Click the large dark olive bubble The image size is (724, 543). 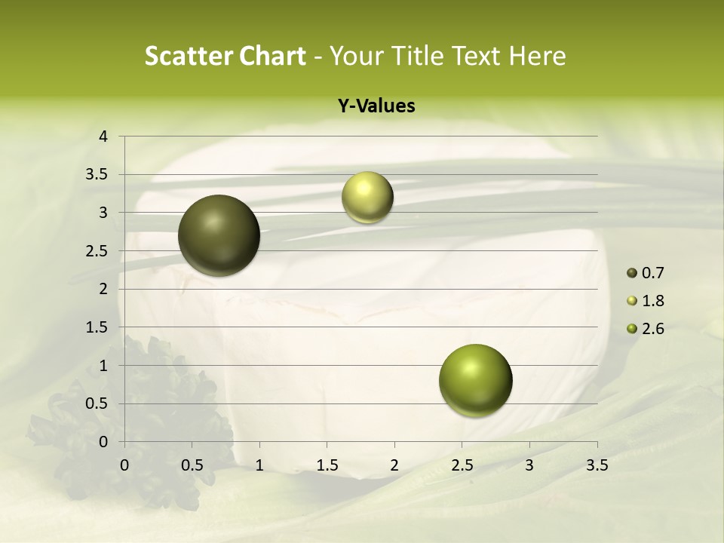[x=219, y=235]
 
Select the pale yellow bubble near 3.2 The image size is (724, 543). [x=367, y=197]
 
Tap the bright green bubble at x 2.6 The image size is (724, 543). [x=475, y=380]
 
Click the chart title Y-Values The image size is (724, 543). [x=376, y=106]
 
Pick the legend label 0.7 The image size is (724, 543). [x=652, y=273]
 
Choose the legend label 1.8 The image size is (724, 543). [x=652, y=301]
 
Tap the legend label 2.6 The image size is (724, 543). [x=652, y=329]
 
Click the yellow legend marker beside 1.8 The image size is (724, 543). [x=632, y=301]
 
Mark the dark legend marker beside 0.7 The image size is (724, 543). [x=632, y=273]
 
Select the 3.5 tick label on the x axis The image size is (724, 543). [x=597, y=465]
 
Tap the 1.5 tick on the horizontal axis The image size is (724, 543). [x=327, y=465]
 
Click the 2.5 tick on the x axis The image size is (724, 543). [x=462, y=465]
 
